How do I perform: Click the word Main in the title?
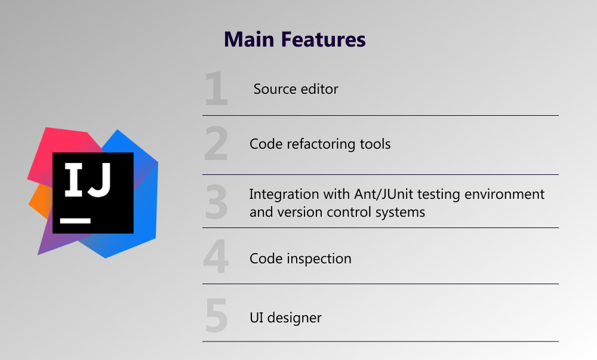pyautogui.click(x=249, y=39)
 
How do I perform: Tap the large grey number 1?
pyautogui.click(x=216, y=88)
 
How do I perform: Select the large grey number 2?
pyautogui.click(x=216, y=143)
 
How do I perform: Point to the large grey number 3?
pyautogui.click(x=216, y=202)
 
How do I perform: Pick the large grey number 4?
pyautogui.click(x=216, y=256)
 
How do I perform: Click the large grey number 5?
pyautogui.click(x=216, y=315)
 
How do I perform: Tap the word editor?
pyautogui.click(x=319, y=89)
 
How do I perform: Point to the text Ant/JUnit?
pyautogui.click(x=383, y=195)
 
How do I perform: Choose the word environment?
pyautogui.click(x=504, y=195)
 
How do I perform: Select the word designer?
pyautogui.click(x=294, y=318)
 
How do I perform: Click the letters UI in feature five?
pyautogui.click(x=256, y=318)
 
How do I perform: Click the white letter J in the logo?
pyautogui.click(x=100, y=180)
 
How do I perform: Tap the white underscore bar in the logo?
pyautogui.click(x=75, y=221)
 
